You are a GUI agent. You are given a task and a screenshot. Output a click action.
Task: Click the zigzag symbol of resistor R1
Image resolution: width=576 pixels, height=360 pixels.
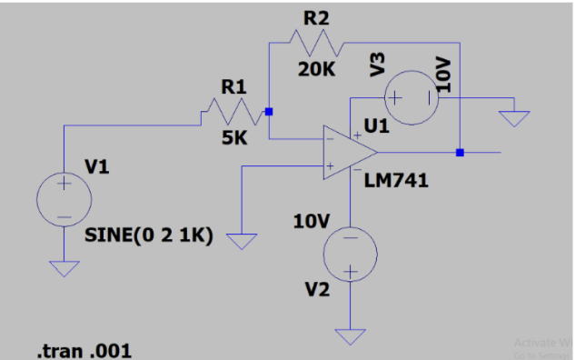223,113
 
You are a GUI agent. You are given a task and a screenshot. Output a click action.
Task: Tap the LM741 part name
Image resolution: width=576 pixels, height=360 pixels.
395,181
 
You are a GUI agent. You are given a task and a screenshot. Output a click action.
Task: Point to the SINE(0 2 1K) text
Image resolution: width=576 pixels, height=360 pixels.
149,235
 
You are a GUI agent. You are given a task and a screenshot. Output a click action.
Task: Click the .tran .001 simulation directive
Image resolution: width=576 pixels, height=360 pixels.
83,350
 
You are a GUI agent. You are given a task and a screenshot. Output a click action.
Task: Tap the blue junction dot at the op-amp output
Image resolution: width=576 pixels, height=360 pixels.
460,152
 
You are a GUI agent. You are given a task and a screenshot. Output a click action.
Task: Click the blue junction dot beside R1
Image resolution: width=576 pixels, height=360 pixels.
269,112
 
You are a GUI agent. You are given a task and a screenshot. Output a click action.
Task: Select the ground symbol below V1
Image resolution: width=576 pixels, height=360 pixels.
64,267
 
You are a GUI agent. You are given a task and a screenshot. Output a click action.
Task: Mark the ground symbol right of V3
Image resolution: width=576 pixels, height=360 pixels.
515,117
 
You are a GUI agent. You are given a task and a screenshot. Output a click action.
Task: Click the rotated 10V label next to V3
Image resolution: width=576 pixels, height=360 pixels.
444,73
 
